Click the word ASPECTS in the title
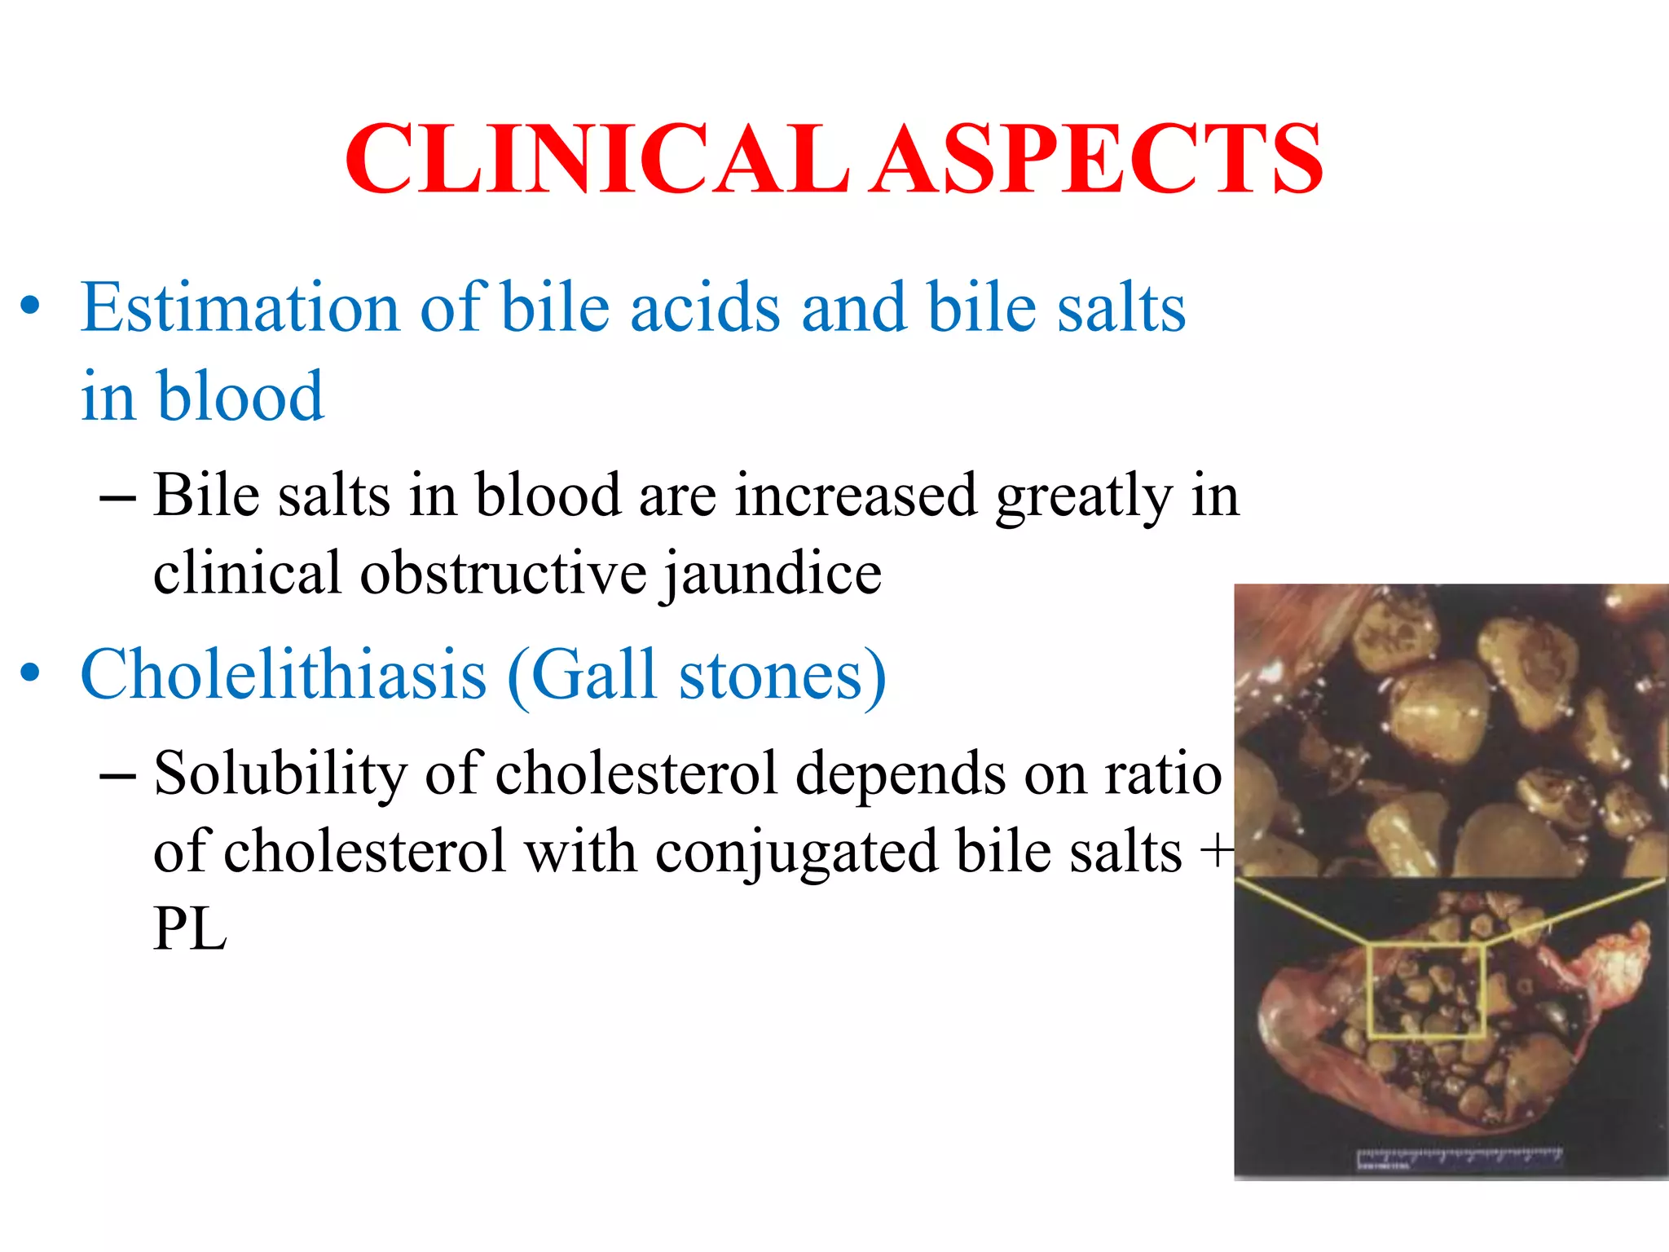pos(1096,159)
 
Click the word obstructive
pos(503,573)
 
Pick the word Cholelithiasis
pos(284,675)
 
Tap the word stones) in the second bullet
pos(782,675)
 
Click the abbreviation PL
pos(189,929)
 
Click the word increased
pos(855,496)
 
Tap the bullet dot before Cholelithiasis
pos(30,673)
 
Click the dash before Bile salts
pos(117,496)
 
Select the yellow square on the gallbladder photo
pos(1426,990)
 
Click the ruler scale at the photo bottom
pos(1459,1157)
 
